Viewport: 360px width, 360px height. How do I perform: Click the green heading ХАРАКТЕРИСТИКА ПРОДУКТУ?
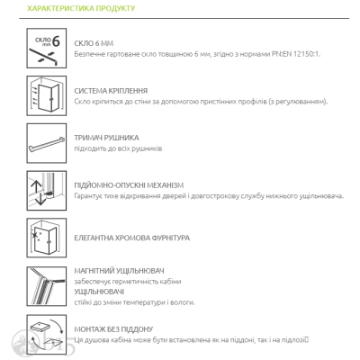(81, 8)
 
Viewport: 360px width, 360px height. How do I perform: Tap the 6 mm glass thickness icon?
(47, 48)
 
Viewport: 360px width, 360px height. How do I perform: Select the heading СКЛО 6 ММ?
(94, 43)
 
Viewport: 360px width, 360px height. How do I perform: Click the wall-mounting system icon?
(47, 95)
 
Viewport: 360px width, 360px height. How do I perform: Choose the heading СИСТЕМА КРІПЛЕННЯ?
(111, 91)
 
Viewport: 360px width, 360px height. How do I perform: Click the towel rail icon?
(47, 143)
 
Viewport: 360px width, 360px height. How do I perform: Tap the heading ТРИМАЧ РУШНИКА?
(106, 138)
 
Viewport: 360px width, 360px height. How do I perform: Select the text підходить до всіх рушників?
(118, 148)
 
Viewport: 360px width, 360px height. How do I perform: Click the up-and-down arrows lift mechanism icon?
(47, 191)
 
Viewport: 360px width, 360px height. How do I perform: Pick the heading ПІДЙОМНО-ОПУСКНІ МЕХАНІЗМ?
(129, 185)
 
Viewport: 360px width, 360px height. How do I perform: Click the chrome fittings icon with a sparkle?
(47, 238)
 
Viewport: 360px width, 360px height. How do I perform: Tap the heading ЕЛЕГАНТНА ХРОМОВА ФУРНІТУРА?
(132, 238)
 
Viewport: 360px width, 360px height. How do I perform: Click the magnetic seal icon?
(47, 286)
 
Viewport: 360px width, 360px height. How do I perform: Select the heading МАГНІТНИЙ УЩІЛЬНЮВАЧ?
(119, 271)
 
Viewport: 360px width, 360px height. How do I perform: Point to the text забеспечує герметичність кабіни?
(128, 282)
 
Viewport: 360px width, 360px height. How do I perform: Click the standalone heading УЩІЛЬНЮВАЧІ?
(99, 292)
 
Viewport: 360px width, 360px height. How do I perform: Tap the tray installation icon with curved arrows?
(47, 335)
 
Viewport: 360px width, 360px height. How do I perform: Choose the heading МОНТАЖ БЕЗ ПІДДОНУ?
(113, 329)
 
